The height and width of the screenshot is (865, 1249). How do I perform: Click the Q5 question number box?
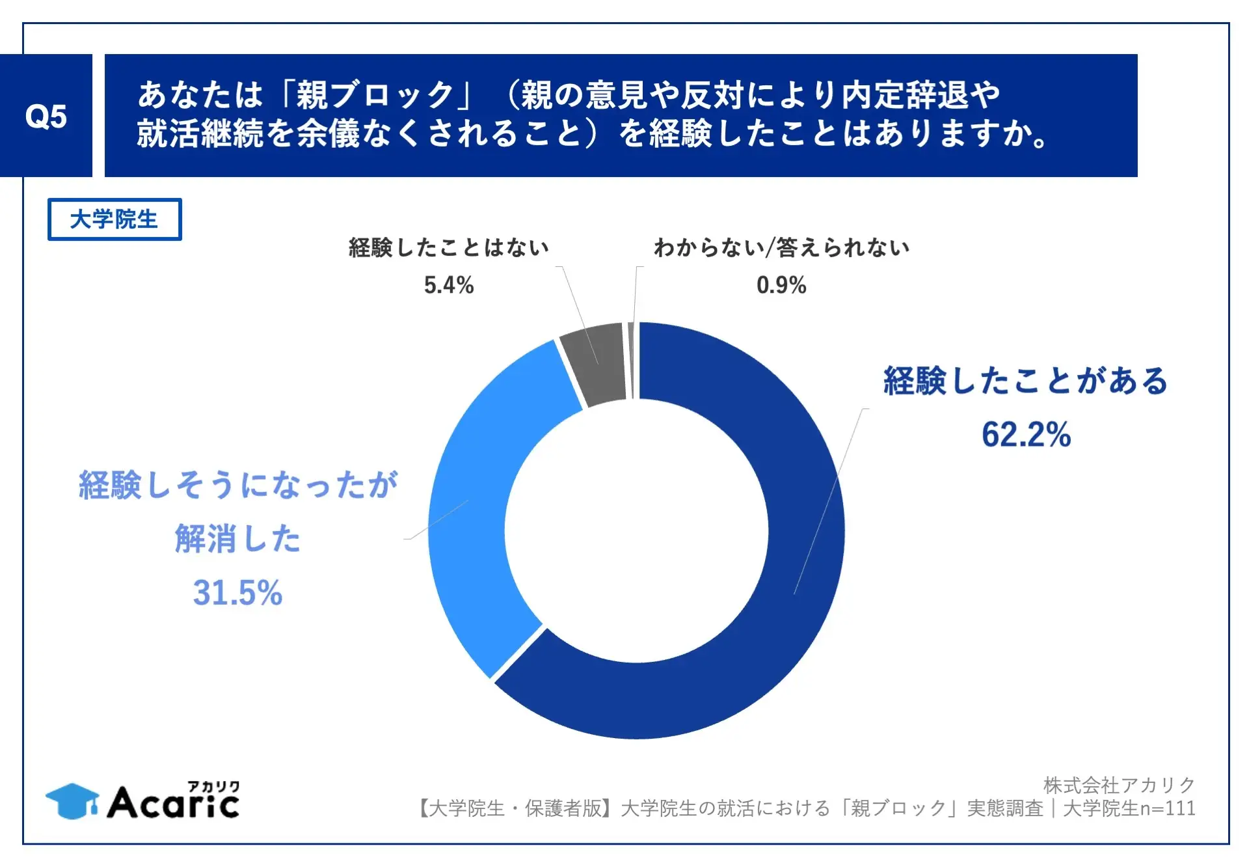(46, 116)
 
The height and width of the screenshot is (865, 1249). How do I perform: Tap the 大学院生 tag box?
(114, 219)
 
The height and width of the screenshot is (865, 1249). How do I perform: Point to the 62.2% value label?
(1026, 434)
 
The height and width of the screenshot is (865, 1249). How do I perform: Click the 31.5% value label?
(237, 592)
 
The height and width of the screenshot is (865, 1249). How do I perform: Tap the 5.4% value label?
(448, 285)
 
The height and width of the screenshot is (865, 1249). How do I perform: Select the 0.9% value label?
(781, 285)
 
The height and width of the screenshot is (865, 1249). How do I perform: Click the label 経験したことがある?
(1026, 381)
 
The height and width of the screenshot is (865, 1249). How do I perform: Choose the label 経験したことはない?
(448, 247)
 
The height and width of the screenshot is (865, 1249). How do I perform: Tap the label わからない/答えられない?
(781, 247)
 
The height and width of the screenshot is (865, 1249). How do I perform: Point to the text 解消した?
(237, 539)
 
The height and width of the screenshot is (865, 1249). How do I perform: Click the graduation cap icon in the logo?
(72, 801)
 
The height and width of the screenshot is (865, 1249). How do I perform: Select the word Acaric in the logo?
(173, 804)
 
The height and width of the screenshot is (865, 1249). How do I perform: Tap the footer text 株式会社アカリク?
(1119, 785)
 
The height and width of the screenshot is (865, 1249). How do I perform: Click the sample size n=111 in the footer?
(1168, 808)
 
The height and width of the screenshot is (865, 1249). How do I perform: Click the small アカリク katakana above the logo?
(213, 786)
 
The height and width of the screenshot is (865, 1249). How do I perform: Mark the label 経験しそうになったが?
(237, 485)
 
